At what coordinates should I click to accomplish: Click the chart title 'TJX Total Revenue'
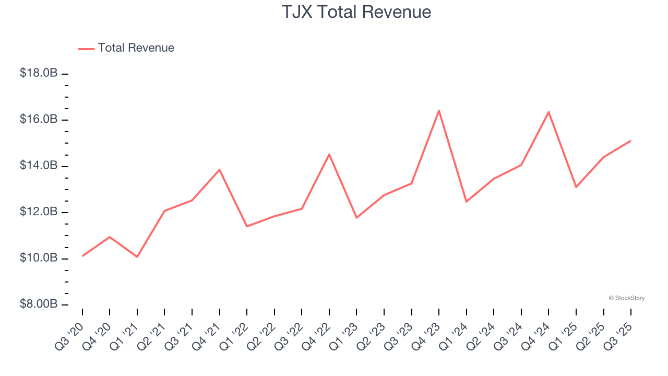356,12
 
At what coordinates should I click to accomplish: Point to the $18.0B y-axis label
39,74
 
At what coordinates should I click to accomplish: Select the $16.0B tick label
39,120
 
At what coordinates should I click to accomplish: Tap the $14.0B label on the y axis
39,166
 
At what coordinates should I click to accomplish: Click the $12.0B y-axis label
39,212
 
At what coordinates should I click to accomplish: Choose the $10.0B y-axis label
39,258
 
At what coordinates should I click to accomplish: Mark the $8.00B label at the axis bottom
39,304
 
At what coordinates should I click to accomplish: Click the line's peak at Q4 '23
439,110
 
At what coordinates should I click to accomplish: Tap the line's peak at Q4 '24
548,112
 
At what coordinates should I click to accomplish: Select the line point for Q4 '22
329,154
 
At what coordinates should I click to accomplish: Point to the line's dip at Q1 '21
137,257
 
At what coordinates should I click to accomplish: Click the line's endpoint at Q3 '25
630,140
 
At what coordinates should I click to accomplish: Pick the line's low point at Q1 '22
247,226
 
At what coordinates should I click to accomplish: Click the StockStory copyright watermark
626,298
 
